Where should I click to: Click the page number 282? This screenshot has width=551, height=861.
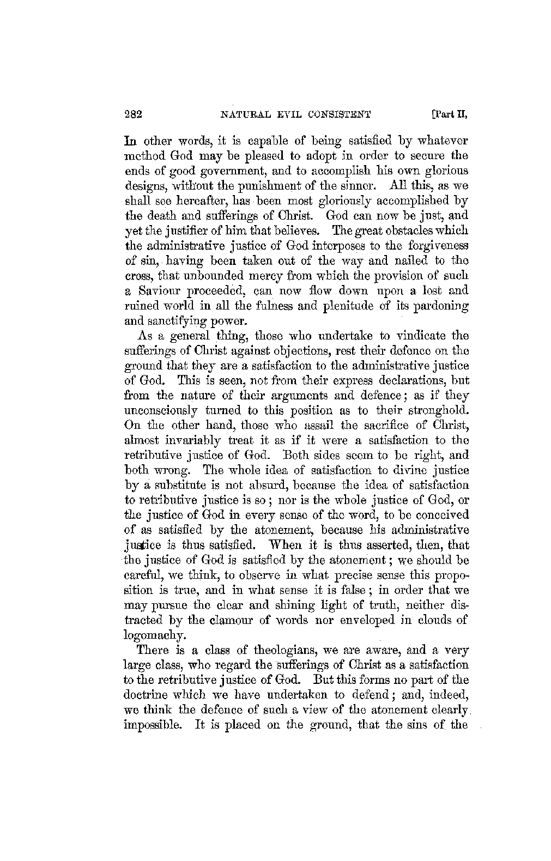tap(134, 114)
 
